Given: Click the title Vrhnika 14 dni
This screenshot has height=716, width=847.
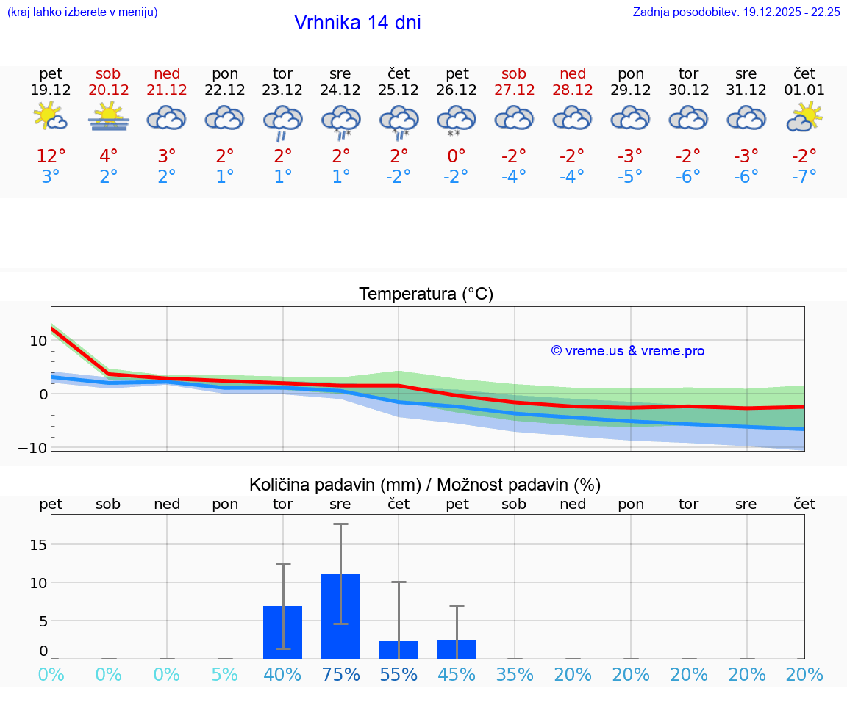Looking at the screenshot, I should tap(357, 23).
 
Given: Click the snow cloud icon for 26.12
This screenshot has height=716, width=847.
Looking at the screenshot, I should tap(457, 120).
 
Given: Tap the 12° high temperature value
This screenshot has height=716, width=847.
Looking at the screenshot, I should tap(51, 156).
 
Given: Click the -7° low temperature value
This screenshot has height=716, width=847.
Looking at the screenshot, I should tap(804, 177).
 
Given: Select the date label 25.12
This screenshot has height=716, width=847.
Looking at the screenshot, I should tap(399, 90).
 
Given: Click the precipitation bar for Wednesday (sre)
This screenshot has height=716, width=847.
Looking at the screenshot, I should tap(340, 615).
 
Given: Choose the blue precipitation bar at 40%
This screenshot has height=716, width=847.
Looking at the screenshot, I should tap(283, 632).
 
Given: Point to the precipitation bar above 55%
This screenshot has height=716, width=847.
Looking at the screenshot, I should tap(399, 650).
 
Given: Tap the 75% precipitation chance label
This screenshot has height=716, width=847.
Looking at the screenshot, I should tap(340, 675).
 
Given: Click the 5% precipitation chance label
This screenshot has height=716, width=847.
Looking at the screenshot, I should tap(225, 675).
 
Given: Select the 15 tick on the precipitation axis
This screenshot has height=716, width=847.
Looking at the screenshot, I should tap(37, 544).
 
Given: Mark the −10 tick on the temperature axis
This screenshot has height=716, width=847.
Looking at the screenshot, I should tap(33, 447).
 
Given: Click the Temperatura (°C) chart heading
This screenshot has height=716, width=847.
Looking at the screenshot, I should tap(426, 294).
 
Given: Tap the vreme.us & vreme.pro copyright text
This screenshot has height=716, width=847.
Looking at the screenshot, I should tap(627, 351).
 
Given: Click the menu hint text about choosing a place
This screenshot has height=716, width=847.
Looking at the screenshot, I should tap(82, 12).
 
